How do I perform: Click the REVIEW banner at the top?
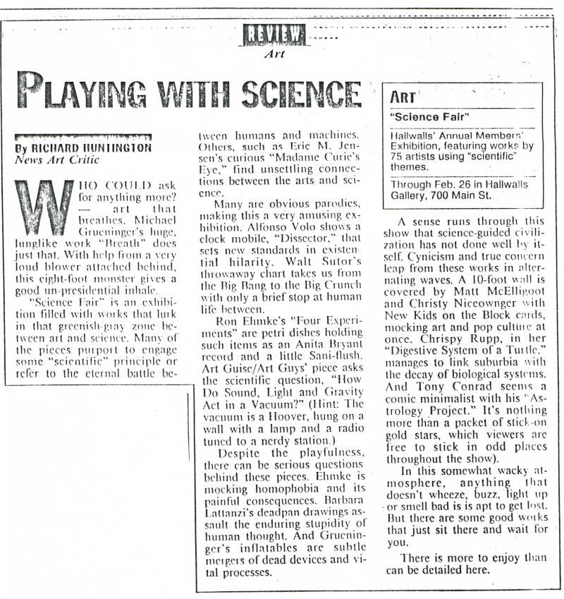(x=274, y=34)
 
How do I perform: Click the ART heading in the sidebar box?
(x=404, y=97)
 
